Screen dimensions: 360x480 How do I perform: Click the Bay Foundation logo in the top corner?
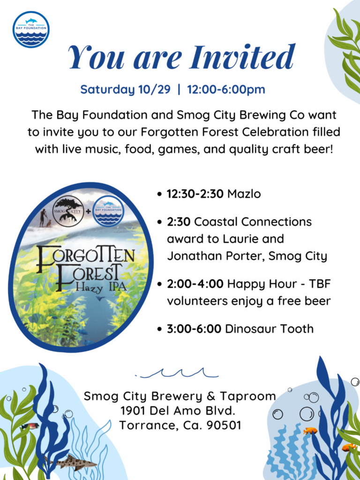tap(31, 30)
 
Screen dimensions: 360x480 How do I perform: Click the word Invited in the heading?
tap(242, 57)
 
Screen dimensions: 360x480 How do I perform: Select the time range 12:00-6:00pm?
tap(226, 90)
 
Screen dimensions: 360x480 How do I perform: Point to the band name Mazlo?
tap(244, 194)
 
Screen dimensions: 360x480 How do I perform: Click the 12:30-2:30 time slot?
tap(195, 194)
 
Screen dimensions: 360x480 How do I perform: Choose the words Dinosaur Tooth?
tap(270, 329)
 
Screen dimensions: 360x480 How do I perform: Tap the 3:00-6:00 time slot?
tap(194, 329)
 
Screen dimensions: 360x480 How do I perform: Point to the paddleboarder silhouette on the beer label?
tap(43, 217)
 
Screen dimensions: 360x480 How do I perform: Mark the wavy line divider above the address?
tap(177, 373)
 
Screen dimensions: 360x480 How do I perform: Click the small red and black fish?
tap(30, 426)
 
